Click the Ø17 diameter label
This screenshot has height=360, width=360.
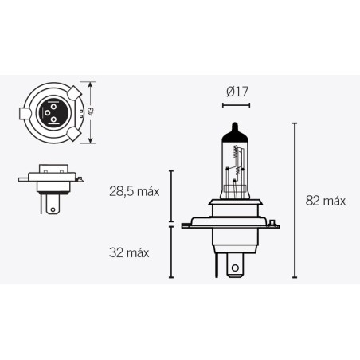(237, 92)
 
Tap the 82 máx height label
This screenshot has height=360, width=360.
(325, 201)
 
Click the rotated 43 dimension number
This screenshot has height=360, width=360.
(92, 112)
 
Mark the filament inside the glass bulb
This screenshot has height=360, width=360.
(236, 171)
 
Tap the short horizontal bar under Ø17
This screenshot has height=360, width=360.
(237, 104)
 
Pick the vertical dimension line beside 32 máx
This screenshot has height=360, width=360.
(170, 252)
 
